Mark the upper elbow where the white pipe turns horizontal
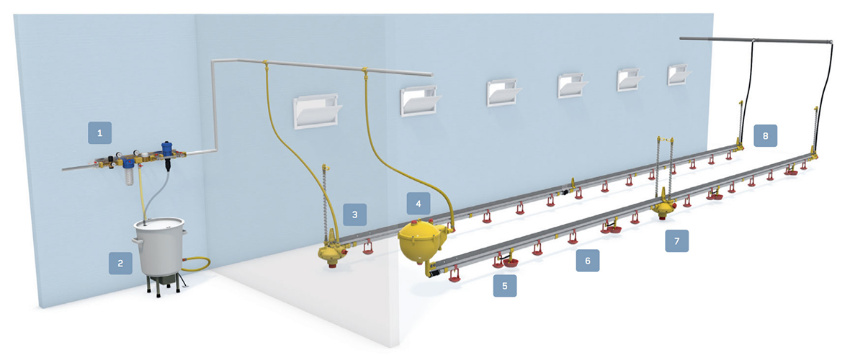(215, 61)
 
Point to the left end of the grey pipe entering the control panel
(63, 169)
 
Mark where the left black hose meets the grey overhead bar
(753, 40)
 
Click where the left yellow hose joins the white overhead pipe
(264, 65)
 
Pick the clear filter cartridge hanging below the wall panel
(128, 172)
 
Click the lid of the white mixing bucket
(159, 223)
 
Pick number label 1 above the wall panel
(99, 132)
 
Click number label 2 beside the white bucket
(120, 263)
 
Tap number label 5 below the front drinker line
(505, 286)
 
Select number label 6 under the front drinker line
(588, 260)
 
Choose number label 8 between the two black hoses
(765, 135)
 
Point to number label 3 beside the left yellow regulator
(354, 214)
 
